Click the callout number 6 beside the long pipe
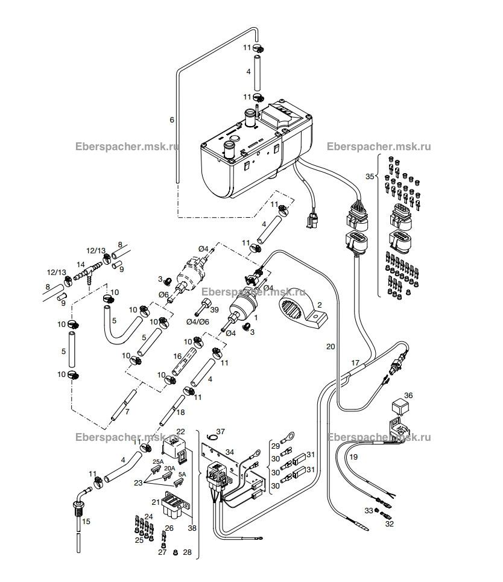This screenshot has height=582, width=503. coord(171,120)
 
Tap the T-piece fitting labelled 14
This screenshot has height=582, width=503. coord(88,272)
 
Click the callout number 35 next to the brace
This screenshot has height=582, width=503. coord(370,176)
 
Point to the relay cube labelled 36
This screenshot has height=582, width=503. coord(399,406)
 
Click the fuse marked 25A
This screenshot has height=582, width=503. coord(155,470)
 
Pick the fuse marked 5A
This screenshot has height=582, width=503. coord(179,483)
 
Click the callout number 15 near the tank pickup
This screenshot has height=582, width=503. coord(86,522)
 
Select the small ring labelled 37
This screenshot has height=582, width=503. coord(212,436)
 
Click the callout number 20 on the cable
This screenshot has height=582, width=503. coord(331,346)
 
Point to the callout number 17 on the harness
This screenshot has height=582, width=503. coord(355,362)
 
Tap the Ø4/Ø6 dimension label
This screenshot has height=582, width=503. coord(197,322)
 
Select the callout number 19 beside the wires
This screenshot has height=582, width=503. coord(353,457)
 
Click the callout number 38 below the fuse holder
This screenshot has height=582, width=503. coord(192,528)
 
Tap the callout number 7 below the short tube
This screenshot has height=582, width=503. coord(127,412)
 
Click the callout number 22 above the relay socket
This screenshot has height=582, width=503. coord(180,431)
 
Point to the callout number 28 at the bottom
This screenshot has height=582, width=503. coord(187,552)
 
